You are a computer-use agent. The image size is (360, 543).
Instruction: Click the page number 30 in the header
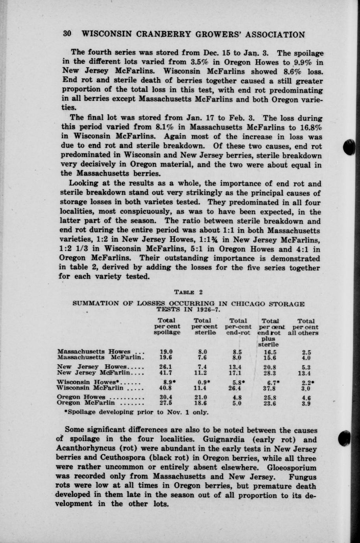tap(67, 34)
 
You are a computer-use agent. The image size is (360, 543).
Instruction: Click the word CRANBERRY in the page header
tap(161, 34)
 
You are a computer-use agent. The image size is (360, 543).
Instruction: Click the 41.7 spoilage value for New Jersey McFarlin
tap(166, 373)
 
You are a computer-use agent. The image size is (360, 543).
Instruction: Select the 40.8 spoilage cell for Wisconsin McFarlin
tap(166, 388)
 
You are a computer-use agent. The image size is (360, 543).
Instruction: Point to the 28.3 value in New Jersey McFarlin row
tap(271, 373)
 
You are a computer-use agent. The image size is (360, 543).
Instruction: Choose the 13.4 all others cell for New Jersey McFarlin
tap(305, 373)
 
